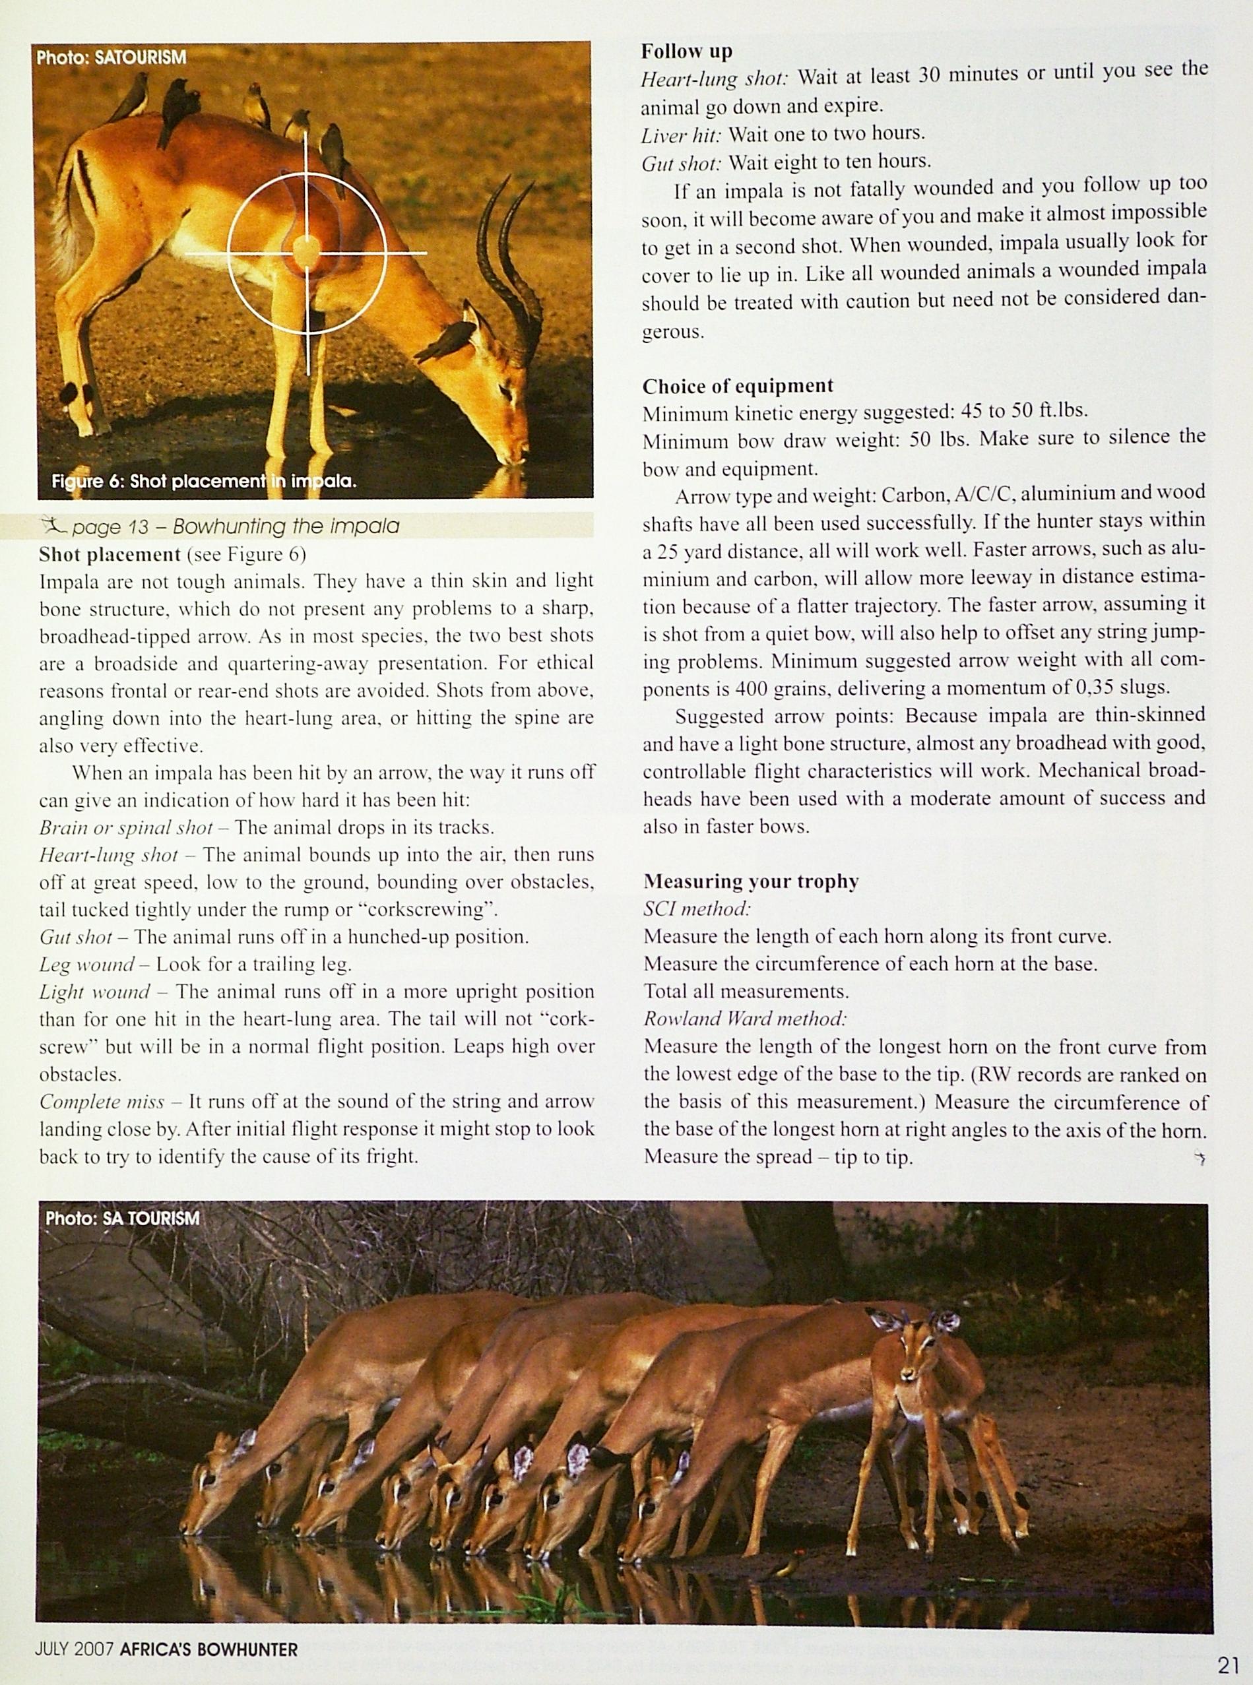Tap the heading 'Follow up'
pyautogui.click(x=686, y=51)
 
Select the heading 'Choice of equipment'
pyautogui.click(x=737, y=386)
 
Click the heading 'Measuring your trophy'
pyautogui.click(x=751, y=881)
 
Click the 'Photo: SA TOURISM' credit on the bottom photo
pyautogui.click(x=122, y=1218)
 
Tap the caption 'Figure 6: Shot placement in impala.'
pyautogui.click(x=204, y=482)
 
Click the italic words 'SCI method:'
pyautogui.click(x=696, y=908)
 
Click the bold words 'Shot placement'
pyautogui.click(x=110, y=554)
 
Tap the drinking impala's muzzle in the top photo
pyautogui.click(x=516, y=453)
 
